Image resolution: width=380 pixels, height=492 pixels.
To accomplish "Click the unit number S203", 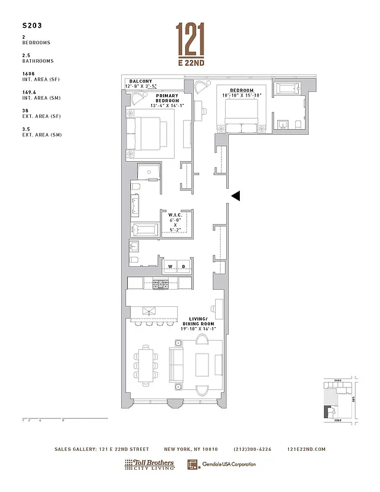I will [31, 27].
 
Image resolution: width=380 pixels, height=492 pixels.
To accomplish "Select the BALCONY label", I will [141, 81].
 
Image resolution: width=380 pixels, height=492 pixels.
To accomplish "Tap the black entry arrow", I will [236, 196].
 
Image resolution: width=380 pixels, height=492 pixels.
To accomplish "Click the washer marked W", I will [170, 266].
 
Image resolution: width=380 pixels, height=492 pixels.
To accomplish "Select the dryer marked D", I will [183, 266].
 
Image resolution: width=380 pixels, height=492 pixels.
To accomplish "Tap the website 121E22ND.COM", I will [306, 450].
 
